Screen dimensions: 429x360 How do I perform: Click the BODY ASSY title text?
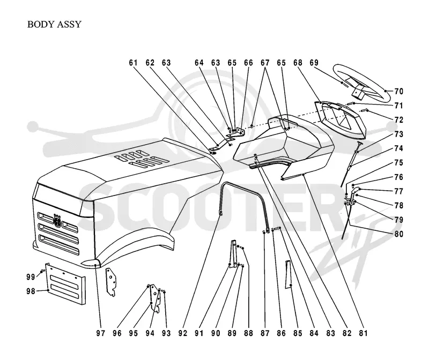54,24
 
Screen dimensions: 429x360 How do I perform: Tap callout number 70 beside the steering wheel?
398,91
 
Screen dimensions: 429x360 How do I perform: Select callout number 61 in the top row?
133,63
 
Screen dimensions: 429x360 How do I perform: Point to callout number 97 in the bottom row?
100,333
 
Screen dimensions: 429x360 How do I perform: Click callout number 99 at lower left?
31,277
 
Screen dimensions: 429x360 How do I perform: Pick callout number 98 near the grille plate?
31,291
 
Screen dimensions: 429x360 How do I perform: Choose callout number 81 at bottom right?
363,333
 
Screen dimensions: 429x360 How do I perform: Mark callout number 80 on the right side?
398,234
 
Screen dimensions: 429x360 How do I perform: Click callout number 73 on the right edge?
398,134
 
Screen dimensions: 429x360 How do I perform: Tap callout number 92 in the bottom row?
182,333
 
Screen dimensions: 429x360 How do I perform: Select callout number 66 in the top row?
248,63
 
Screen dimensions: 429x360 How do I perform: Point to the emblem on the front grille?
58,220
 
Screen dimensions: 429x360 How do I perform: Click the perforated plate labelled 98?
65,284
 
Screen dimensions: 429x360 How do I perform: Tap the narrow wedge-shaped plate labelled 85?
288,275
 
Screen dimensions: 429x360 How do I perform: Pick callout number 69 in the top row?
314,63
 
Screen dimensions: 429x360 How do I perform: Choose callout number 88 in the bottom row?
248,333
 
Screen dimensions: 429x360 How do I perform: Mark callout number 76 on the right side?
398,177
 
